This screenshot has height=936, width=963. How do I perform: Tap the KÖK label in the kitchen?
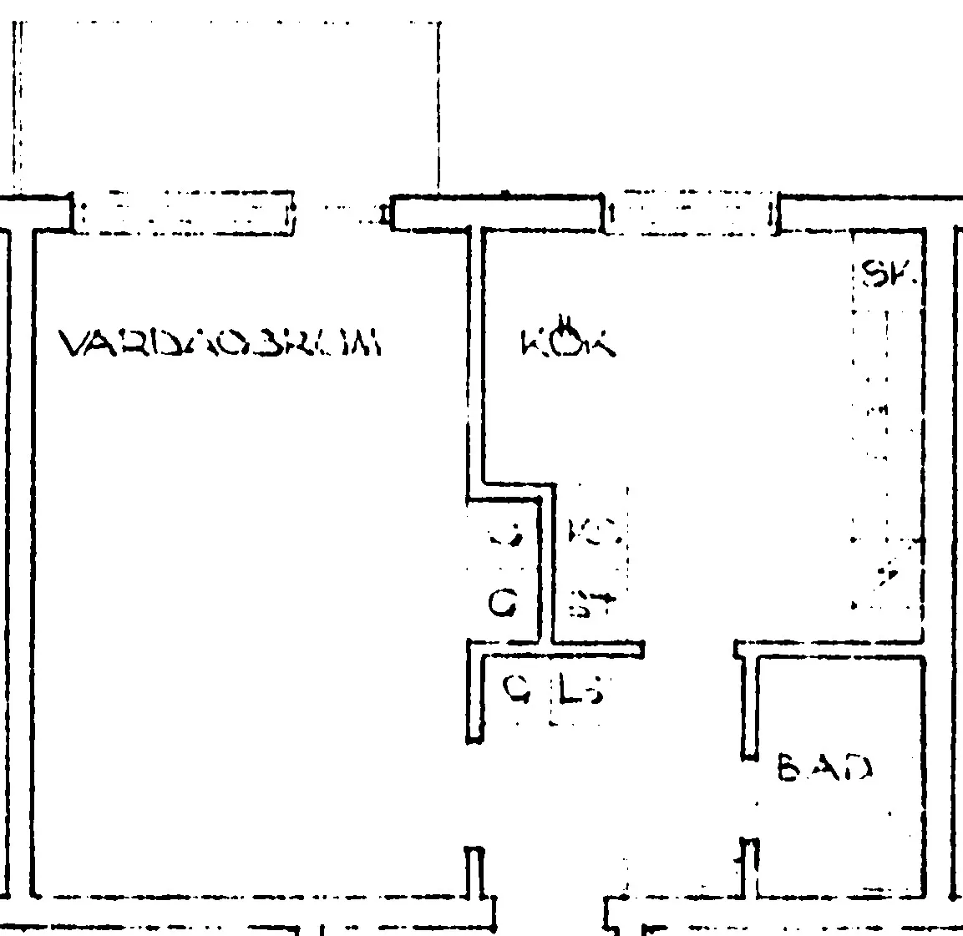point(566,340)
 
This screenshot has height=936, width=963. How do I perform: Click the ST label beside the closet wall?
point(591,601)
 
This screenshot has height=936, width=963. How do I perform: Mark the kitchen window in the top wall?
point(690,215)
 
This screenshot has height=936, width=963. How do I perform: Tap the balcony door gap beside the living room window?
point(342,215)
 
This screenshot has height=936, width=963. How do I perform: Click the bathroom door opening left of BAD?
point(750,800)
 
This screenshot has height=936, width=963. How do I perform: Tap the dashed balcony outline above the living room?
point(226,100)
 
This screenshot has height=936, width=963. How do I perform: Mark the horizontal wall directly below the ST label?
point(596,647)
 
